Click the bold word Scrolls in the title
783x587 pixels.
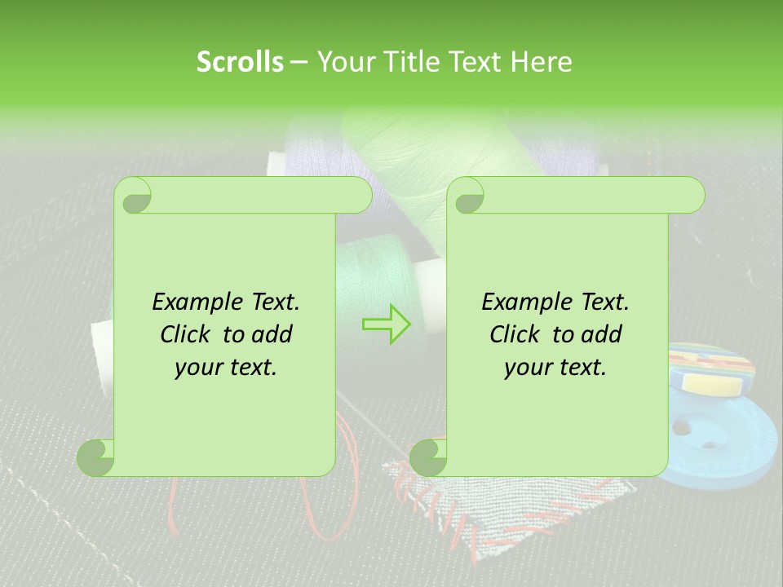[x=241, y=62]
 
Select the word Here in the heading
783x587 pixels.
[x=541, y=62]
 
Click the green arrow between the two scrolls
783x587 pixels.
[x=387, y=324]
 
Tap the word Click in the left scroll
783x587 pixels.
[x=188, y=334]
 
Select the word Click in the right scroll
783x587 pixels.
[x=517, y=334]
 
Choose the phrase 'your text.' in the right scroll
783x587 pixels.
[x=555, y=368]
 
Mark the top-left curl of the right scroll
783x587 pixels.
[x=467, y=196]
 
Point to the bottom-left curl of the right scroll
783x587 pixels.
[x=428, y=457]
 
